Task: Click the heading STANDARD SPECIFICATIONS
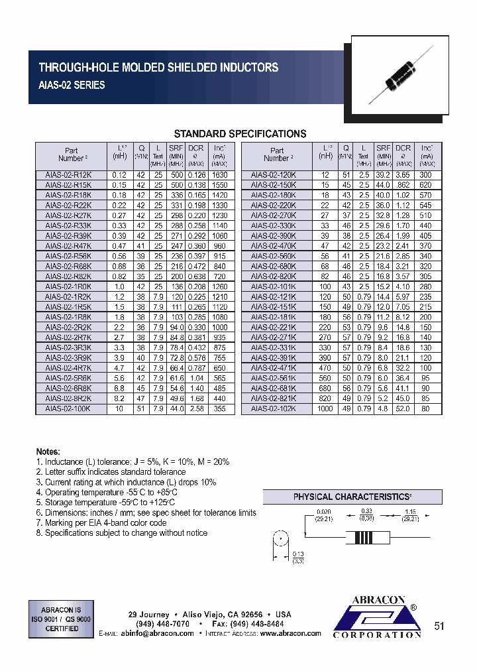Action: coord(239,133)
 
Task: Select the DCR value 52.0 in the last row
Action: coord(403,409)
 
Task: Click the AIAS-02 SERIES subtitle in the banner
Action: coord(72,86)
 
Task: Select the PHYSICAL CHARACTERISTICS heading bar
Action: coord(352,497)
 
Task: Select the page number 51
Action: coord(439,625)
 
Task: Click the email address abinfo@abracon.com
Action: coord(157,633)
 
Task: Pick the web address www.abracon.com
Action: coord(290,633)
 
